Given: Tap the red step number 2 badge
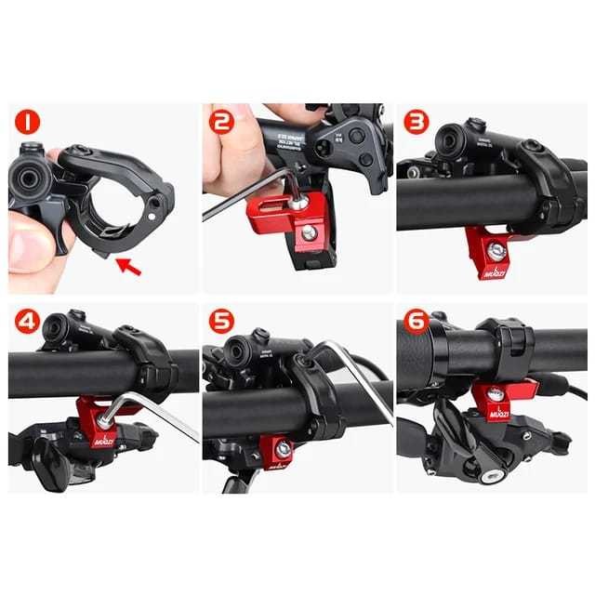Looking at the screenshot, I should click(x=221, y=121).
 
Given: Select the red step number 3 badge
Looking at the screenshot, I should click(x=416, y=122).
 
